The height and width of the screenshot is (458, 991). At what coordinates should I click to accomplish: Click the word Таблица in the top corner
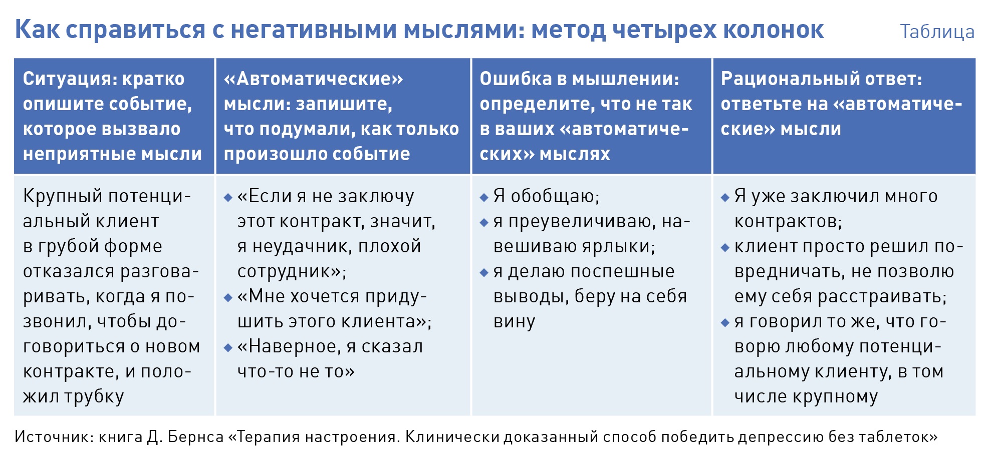tap(937, 32)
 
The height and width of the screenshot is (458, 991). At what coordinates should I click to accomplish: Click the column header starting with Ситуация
tap(113, 116)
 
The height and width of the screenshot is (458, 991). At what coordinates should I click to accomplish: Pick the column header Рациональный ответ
tap(842, 104)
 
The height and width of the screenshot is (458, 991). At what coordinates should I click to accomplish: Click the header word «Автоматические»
tap(313, 79)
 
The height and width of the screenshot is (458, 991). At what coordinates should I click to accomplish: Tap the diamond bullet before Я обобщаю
tap(484, 197)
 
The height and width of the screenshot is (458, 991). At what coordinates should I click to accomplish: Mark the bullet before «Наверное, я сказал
tap(228, 347)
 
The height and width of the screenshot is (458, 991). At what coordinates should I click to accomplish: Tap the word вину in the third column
tap(514, 322)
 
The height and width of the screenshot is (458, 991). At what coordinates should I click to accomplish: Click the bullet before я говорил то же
tap(725, 322)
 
